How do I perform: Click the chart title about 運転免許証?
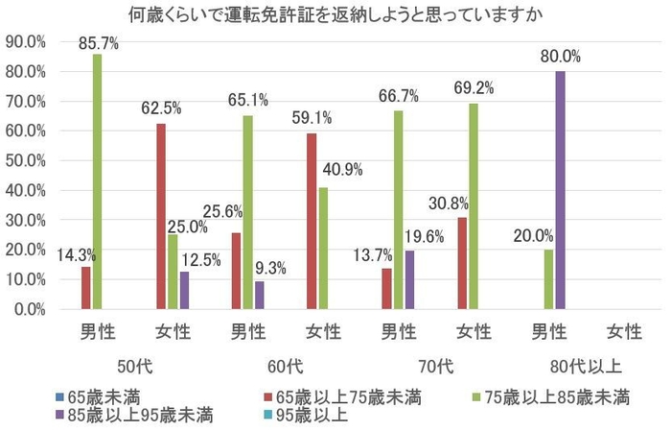click(335, 13)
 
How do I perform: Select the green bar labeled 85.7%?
click(97, 182)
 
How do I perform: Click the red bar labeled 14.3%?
click(84, 288)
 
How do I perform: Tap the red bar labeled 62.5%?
click(161, 216)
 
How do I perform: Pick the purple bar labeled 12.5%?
click(185, 291)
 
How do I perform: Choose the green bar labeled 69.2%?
click(473, 206)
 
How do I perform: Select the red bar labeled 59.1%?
click(311, 222)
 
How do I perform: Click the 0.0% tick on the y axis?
click(29, 309)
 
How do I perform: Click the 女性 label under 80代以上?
click(623, 333)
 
